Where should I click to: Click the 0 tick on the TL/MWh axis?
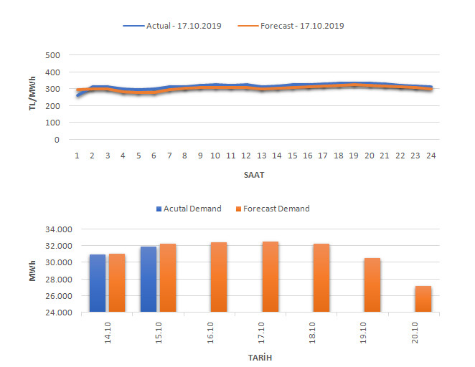(x=56, y=140)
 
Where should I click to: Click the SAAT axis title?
(x=253, y=173)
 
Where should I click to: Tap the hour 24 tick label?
(x=431, y=156)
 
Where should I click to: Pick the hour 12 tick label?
(x=245, y=156)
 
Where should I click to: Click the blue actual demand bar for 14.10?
(x=98, y=283)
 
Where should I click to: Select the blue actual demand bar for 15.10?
(x=149, y=279)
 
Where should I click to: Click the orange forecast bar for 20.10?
(x=423, y=299)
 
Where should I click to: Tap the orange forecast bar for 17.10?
(x=270, y=277)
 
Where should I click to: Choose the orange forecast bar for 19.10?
(x=372, y=285)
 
